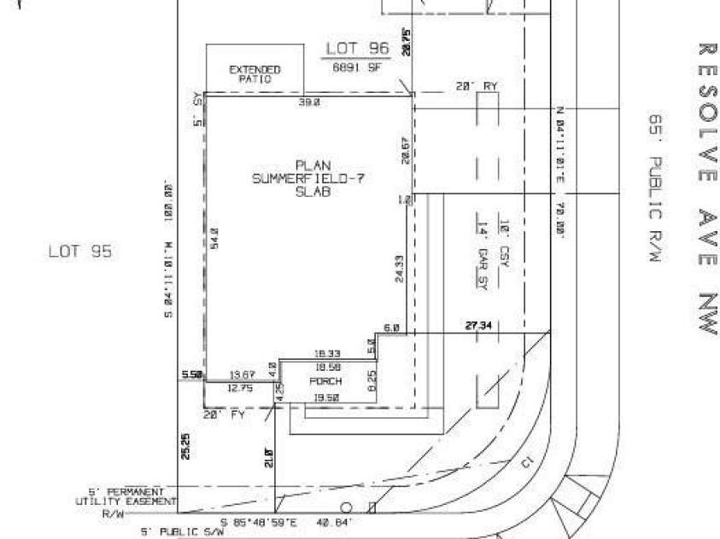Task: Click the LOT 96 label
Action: tap(357, 49)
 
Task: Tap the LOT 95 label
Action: tap(79, 252)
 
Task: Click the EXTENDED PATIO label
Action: tap(255, 73)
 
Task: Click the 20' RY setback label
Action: tap(477, 87)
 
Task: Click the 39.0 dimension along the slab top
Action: tap(308, 101)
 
